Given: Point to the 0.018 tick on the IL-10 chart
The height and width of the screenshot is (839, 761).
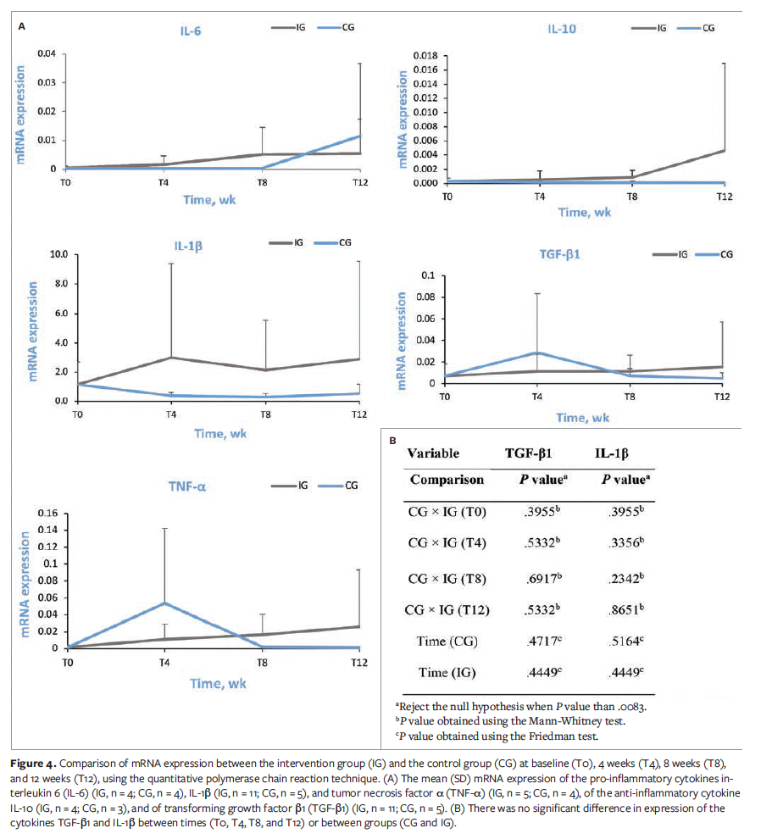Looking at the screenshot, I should (x=425, y=55).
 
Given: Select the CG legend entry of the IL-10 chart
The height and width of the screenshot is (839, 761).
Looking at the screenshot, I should (x=708, y=28).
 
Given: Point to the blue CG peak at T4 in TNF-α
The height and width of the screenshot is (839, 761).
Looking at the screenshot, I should (x=164, y=603).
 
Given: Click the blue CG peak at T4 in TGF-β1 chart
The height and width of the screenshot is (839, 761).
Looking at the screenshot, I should (x=537, y=353).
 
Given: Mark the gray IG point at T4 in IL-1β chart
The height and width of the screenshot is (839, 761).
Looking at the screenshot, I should (x=171, y=357).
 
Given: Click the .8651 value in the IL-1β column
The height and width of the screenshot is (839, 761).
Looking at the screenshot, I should (x=621, y=610).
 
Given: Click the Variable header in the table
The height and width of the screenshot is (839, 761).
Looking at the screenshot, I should (x=433, y=453).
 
